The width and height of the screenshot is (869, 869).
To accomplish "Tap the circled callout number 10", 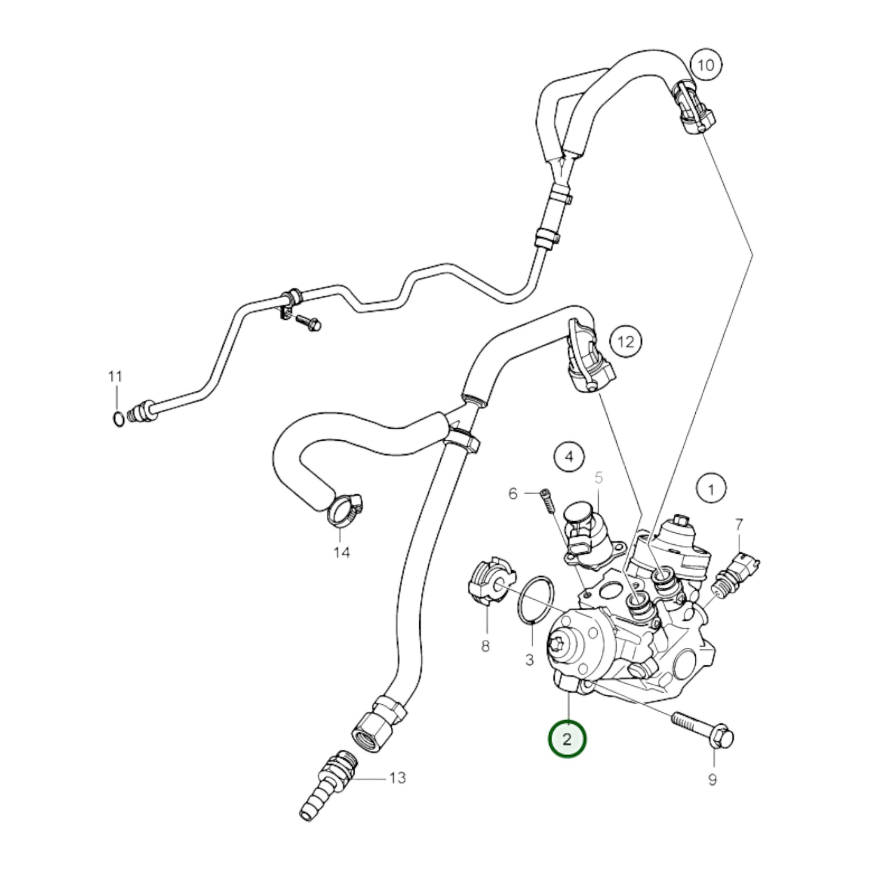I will tap(706, 66).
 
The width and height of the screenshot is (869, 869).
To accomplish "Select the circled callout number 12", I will tap(626, 343).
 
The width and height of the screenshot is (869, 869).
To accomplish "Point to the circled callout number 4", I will tap(569, 457).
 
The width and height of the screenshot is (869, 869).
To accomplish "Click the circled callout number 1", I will tap(711, 489).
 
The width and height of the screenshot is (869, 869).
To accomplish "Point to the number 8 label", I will tap(485, 646).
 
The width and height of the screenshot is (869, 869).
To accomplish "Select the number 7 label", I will tap(739, 524).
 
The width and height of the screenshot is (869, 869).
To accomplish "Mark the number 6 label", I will tap(513, 494).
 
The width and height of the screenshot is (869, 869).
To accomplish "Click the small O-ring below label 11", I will tap(118, 419).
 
